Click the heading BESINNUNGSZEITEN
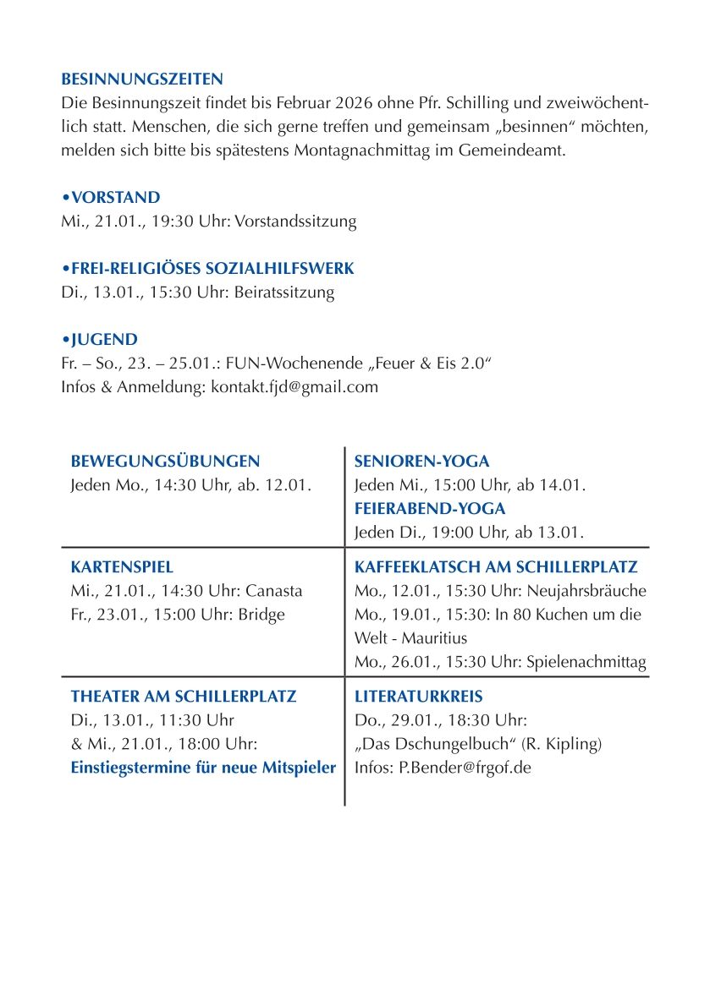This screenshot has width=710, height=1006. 142,79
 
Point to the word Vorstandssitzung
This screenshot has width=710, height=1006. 295,221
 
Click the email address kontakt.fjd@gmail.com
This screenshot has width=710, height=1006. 294,387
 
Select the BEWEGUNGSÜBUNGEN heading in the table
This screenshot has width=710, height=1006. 165,462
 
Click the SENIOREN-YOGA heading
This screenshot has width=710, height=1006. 421,462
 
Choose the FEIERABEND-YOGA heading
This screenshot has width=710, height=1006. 430,509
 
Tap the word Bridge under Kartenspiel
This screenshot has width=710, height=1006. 261,615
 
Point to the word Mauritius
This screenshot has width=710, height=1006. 435,638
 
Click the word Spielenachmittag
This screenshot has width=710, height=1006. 586,662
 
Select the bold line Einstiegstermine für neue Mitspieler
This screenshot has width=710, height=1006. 203,768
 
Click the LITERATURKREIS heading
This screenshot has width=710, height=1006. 418,697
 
